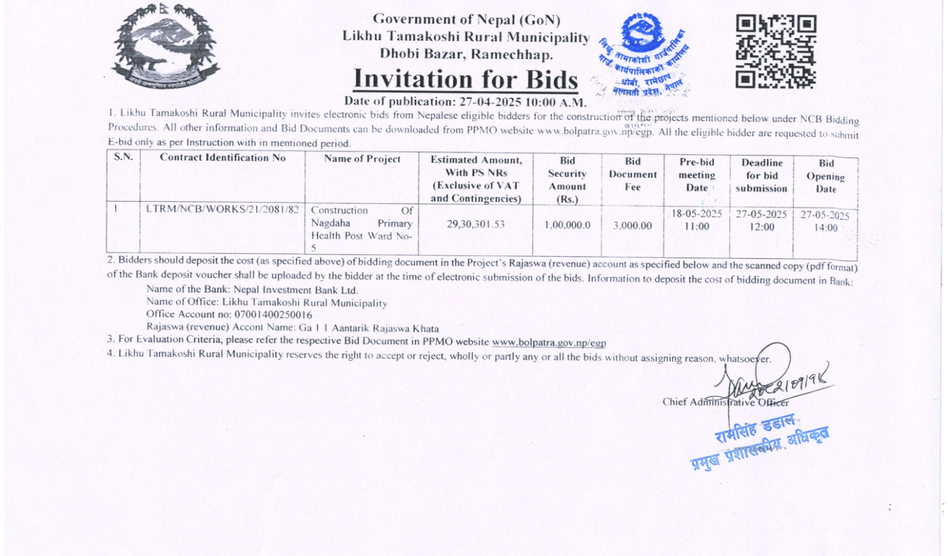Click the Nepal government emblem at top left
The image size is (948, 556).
tap(165, 47)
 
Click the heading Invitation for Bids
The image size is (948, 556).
tap(465, 80)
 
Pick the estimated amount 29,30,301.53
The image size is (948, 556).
tap(476, 224)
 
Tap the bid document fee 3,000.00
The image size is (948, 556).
tap(632, 225)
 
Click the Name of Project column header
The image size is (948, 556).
tap(362, 159)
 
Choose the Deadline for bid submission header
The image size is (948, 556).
tap(762, 176)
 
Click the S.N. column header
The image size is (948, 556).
tap(123, 158)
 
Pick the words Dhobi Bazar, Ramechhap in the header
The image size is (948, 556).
tap(466, 53)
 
